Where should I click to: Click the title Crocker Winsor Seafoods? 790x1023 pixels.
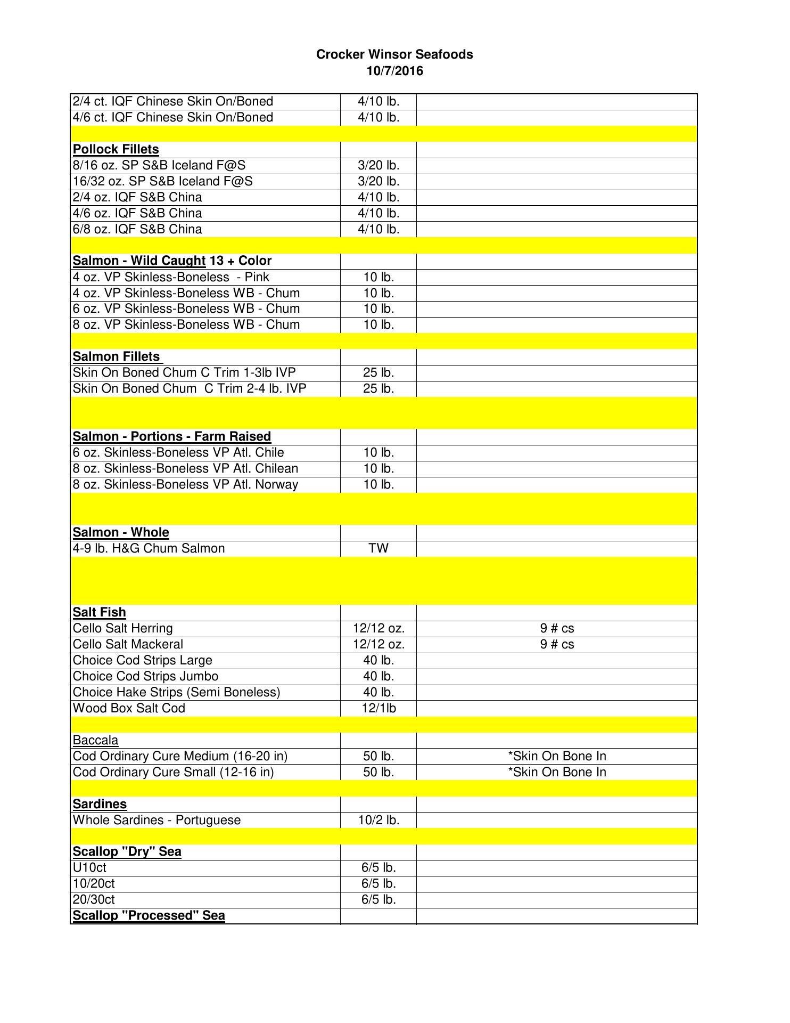(x=394, y=54)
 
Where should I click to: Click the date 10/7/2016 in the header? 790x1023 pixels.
(x=394, y=71)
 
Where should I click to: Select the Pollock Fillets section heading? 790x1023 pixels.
(x=116, y=149)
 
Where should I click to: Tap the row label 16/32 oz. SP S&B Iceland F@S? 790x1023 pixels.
(x=163, y=181)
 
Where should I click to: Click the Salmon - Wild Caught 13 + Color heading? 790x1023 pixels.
(x=172, y=261)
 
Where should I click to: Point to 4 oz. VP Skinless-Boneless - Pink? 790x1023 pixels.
(x=171, y=277)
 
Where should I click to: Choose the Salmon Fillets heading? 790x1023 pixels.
(x=117, y=356)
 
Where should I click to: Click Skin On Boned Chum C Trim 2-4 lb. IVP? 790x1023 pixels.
(x=190, y=388)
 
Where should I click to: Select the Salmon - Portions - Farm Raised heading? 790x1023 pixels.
(x=172, y=436)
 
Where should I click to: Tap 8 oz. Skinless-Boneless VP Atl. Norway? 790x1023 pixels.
(x=185, y=484)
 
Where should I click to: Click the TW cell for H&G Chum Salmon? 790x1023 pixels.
(x=378, y=548)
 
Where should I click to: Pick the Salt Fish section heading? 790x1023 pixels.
(x=100, y=612)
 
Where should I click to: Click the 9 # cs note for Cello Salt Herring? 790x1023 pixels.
(x=557, y=628)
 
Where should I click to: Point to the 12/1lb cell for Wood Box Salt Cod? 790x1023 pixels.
(x=378, y=708)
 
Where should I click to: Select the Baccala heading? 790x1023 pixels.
(x=96, y=740)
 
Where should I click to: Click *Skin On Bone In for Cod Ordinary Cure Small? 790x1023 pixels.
(x=557, y=772)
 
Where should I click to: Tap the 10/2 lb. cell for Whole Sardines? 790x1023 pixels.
(x=378, y=820)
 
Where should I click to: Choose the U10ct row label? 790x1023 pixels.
(x=89, y=867)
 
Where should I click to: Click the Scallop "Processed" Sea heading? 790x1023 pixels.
(x=149, y=915)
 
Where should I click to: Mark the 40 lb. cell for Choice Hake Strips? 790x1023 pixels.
(x=378, y=692)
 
